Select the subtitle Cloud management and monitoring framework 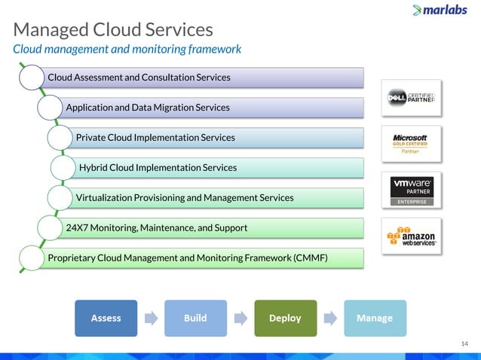127,49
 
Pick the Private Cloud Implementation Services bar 219,138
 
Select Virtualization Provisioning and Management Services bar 219,197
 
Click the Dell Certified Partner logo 412,98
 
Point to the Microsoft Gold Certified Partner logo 412,143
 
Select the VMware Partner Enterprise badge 412,190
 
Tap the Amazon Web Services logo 412,236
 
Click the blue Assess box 106,318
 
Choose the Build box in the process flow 195,318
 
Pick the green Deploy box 285,318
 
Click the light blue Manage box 375,318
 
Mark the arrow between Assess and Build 151,318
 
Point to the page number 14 464,344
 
